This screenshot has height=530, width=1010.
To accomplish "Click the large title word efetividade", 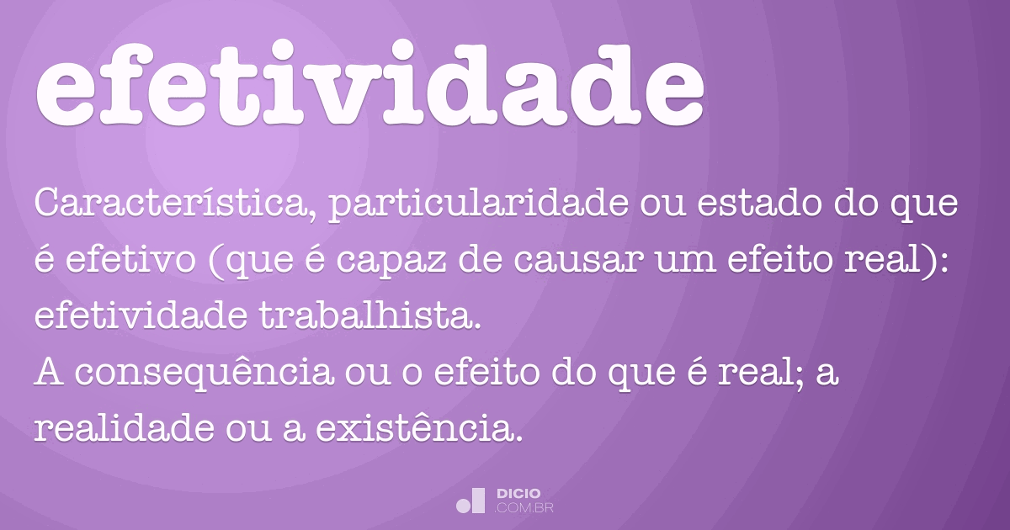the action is tap(369, 82).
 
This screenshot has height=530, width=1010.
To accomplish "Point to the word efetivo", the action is tap(130, 259).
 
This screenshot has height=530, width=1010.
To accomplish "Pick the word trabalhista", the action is tap(369, 315).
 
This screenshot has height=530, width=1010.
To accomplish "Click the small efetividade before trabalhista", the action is tap(141, 315).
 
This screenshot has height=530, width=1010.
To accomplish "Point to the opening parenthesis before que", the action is tap(216, 262).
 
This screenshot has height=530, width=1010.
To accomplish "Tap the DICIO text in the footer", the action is tap(518, 494).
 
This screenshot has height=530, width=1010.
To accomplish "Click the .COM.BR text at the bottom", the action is tap(524, 508).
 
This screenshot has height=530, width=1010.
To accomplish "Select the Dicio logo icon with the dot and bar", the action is tap(470, 501).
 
